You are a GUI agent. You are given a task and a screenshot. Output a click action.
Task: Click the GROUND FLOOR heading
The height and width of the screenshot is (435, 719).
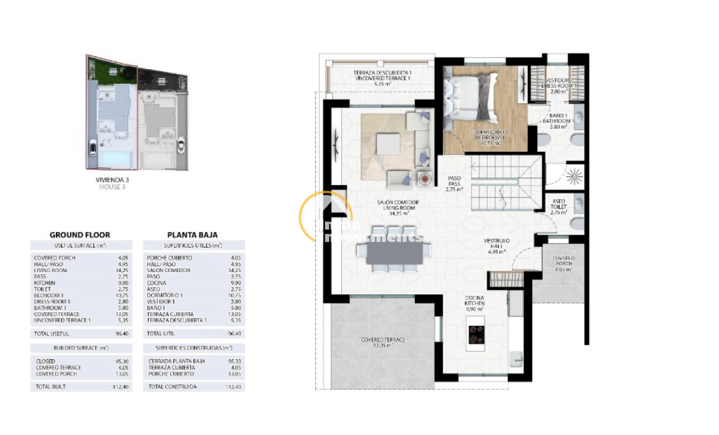pyautogui.click(x=80, y=235)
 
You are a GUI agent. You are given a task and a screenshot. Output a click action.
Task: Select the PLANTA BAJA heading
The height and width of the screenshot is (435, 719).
pyautogui.click(x=192, y=235)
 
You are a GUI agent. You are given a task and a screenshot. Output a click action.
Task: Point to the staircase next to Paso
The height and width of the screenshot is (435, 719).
pyautogui.click(x=506, y=181)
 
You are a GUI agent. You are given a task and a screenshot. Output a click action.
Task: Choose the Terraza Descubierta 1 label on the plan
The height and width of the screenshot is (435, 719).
pyautogui.click(x=382, y=76)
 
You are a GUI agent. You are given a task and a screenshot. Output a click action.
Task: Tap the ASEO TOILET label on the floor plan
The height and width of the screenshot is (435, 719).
pyautogui.click(x=558, y=204)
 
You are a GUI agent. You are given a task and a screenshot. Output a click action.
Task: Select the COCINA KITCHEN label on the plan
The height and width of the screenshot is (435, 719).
pyautogui.click(x=475, y=301)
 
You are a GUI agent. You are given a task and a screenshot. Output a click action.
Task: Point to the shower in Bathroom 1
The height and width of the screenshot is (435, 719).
pyautogui.click(x=574, y=177)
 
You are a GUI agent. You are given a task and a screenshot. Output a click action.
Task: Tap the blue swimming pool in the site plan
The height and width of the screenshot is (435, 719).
pyautogui.click(x=115, y=159)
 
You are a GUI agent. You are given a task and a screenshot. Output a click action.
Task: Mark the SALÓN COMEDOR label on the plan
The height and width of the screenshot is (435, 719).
pyautogui.click(x=398, y=205)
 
